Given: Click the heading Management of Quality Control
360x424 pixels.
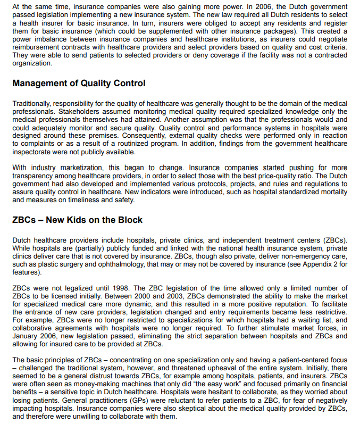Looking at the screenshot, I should [x=78, y=84].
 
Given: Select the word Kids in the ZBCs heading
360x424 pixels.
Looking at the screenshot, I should [x=74, y=220].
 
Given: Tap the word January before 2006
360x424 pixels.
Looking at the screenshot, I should [x=27, y=337].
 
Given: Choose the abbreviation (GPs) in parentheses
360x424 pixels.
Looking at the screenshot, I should [x=123, y=401].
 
